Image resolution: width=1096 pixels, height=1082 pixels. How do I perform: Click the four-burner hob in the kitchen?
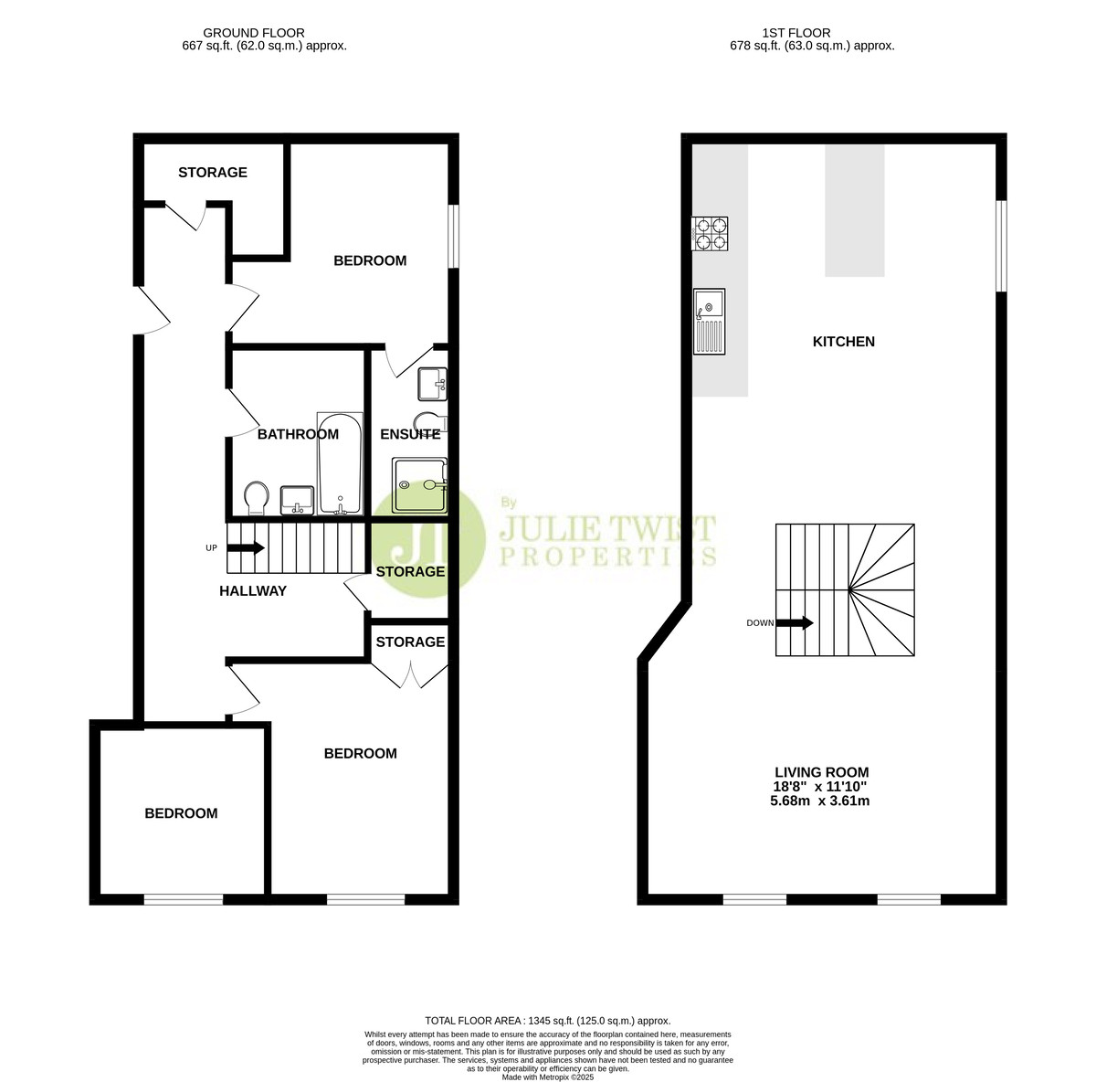710,233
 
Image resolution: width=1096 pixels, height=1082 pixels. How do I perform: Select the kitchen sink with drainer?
710,322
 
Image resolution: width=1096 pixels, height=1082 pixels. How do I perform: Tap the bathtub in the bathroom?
340,463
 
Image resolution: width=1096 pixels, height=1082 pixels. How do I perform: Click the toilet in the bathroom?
256,499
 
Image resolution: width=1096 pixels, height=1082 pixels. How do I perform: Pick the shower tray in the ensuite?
420,484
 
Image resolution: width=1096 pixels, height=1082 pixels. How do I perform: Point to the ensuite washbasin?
433,384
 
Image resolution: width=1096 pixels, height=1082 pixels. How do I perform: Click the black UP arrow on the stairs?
246,548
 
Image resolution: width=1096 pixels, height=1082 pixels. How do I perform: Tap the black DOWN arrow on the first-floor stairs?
795,623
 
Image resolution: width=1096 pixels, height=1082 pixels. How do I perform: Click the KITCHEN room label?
844,342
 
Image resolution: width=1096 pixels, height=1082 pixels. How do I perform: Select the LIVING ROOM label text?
822,772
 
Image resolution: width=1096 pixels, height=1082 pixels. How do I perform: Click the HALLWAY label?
253,590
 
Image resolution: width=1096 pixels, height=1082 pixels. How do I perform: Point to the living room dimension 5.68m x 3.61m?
819,801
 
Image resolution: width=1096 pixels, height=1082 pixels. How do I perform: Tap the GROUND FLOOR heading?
254,33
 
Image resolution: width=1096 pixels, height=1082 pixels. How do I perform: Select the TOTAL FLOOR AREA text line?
548,1021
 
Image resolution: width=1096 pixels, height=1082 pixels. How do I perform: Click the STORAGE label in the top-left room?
213,173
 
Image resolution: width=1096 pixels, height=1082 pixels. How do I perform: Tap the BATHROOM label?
298,434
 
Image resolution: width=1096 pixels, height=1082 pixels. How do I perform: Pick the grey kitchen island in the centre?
855,210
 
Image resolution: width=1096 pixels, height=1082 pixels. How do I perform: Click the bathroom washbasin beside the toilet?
298,500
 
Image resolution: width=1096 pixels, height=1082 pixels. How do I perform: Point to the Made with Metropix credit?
548,1077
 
